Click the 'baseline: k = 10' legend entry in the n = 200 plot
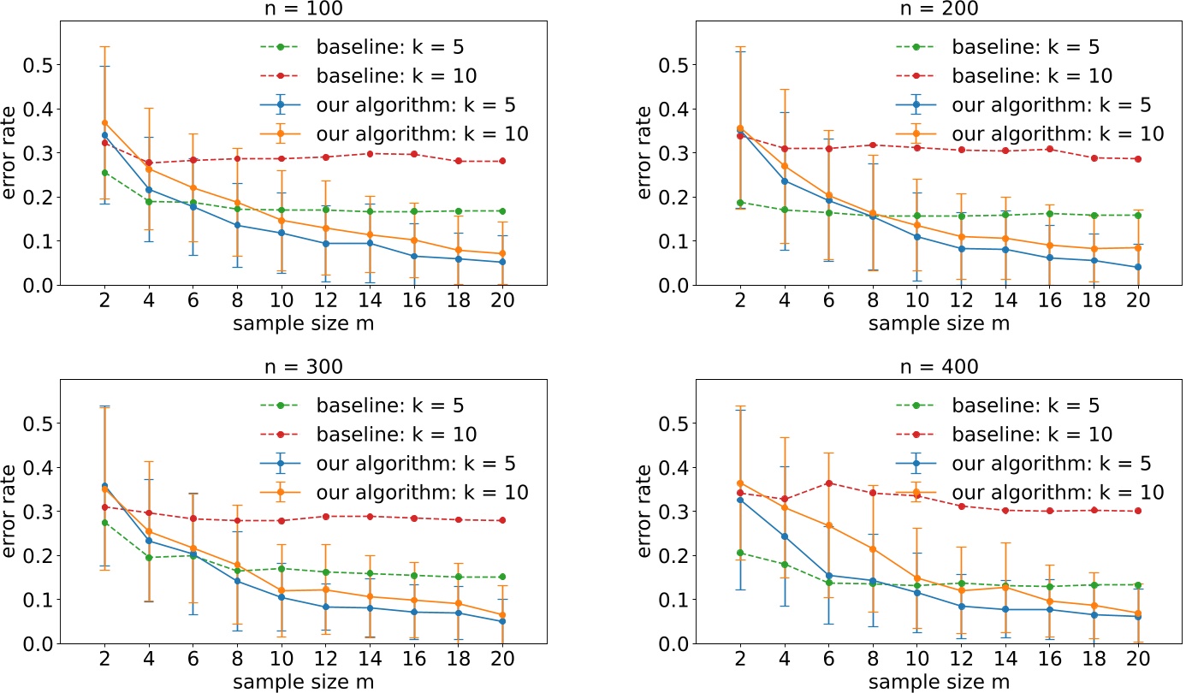1003,75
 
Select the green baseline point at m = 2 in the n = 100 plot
104,173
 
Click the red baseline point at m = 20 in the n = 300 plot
503,520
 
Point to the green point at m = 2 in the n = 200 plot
740,203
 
